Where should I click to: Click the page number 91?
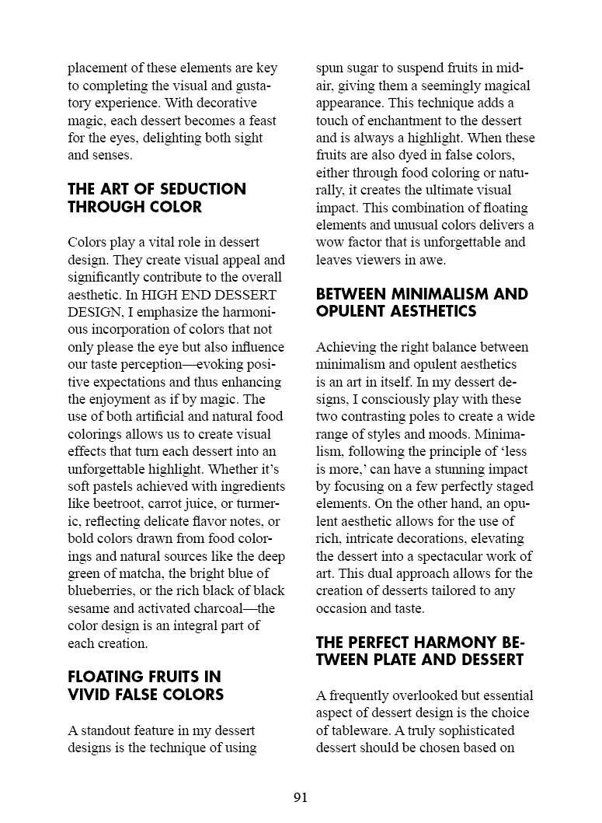click(301, 797)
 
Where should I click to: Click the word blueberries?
click(104, 590)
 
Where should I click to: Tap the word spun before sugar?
click(330, 68)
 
